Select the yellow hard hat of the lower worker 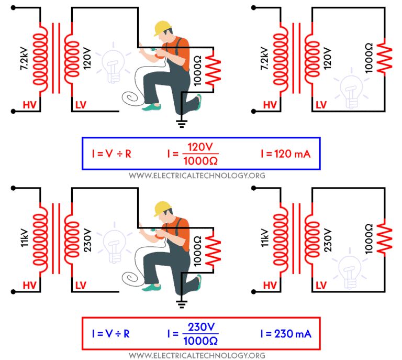click(163, 208)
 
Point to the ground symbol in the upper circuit click(182, 124)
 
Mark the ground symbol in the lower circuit click(182, 304)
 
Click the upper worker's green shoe click(152, 107)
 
